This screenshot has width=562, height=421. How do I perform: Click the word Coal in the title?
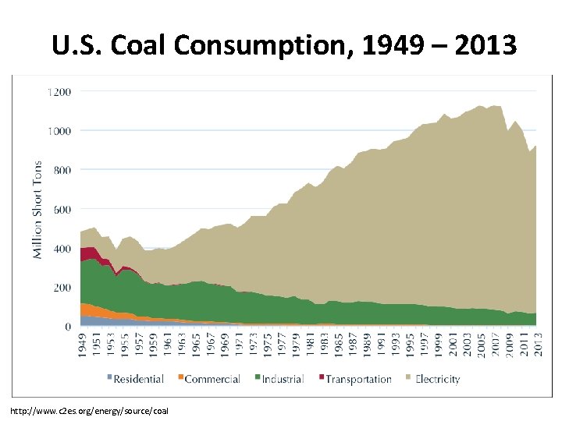pos(141,45)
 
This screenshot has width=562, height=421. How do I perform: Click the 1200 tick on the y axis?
pos(58,91)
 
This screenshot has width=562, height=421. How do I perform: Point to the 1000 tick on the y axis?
pos(58,130)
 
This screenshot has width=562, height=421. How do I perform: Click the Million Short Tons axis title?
pos(37,210)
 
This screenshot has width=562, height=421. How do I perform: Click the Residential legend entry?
pos(134,380)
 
